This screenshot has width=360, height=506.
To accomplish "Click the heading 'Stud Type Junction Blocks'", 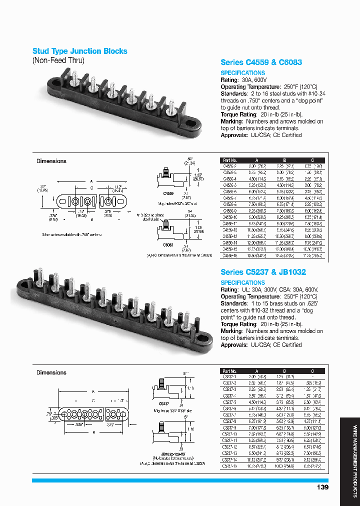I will point(79,51).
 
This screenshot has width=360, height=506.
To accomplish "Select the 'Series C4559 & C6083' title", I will point(261,62).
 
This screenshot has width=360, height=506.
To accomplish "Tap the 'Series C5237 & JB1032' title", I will point(263,272).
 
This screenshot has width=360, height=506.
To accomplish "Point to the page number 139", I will point(322,487).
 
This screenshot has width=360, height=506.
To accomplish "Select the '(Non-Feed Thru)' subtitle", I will point(58,60).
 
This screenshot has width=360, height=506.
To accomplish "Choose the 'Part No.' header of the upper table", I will point(229,160).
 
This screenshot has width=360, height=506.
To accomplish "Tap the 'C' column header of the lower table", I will point(312,371).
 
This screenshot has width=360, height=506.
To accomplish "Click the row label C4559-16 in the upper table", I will point(230,255).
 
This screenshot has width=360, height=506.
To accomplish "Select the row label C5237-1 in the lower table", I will point(229,376).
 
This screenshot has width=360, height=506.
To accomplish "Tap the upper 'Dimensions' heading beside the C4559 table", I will point(51,161).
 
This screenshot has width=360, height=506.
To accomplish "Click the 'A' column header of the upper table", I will point(257,160).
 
